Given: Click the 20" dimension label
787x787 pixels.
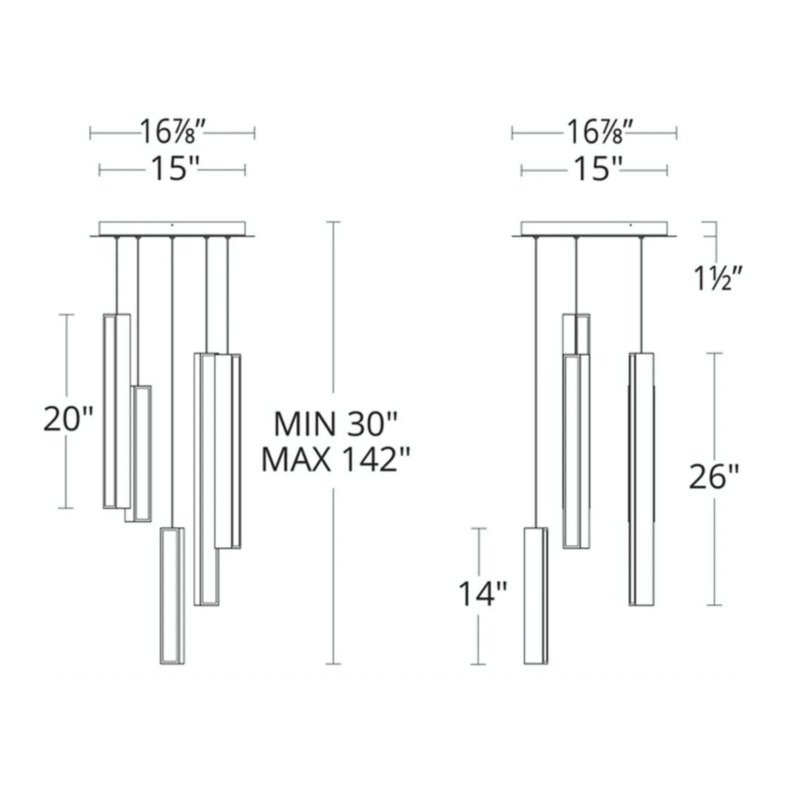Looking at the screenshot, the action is click(x=68, y=419).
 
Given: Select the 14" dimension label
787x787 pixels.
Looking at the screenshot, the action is click(x=483, y=593).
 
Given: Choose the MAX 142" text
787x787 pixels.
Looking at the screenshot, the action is click(x=335, y=460).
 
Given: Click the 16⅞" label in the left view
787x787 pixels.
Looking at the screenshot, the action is click(x=172, y=132).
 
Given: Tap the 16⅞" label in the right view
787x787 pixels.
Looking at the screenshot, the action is click(x=594, y=132).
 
